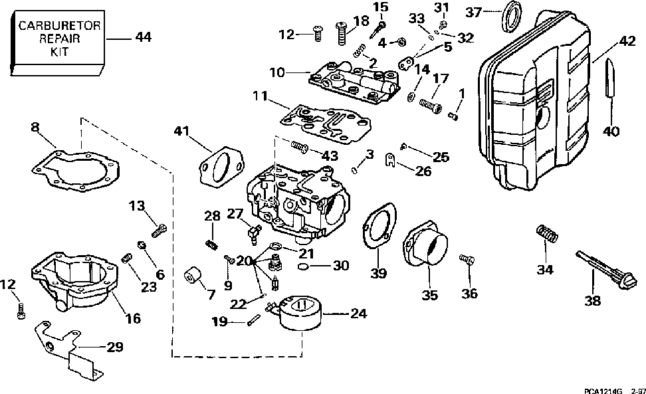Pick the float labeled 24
(x=299, y=316)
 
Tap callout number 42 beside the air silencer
(x=626, y=41)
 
